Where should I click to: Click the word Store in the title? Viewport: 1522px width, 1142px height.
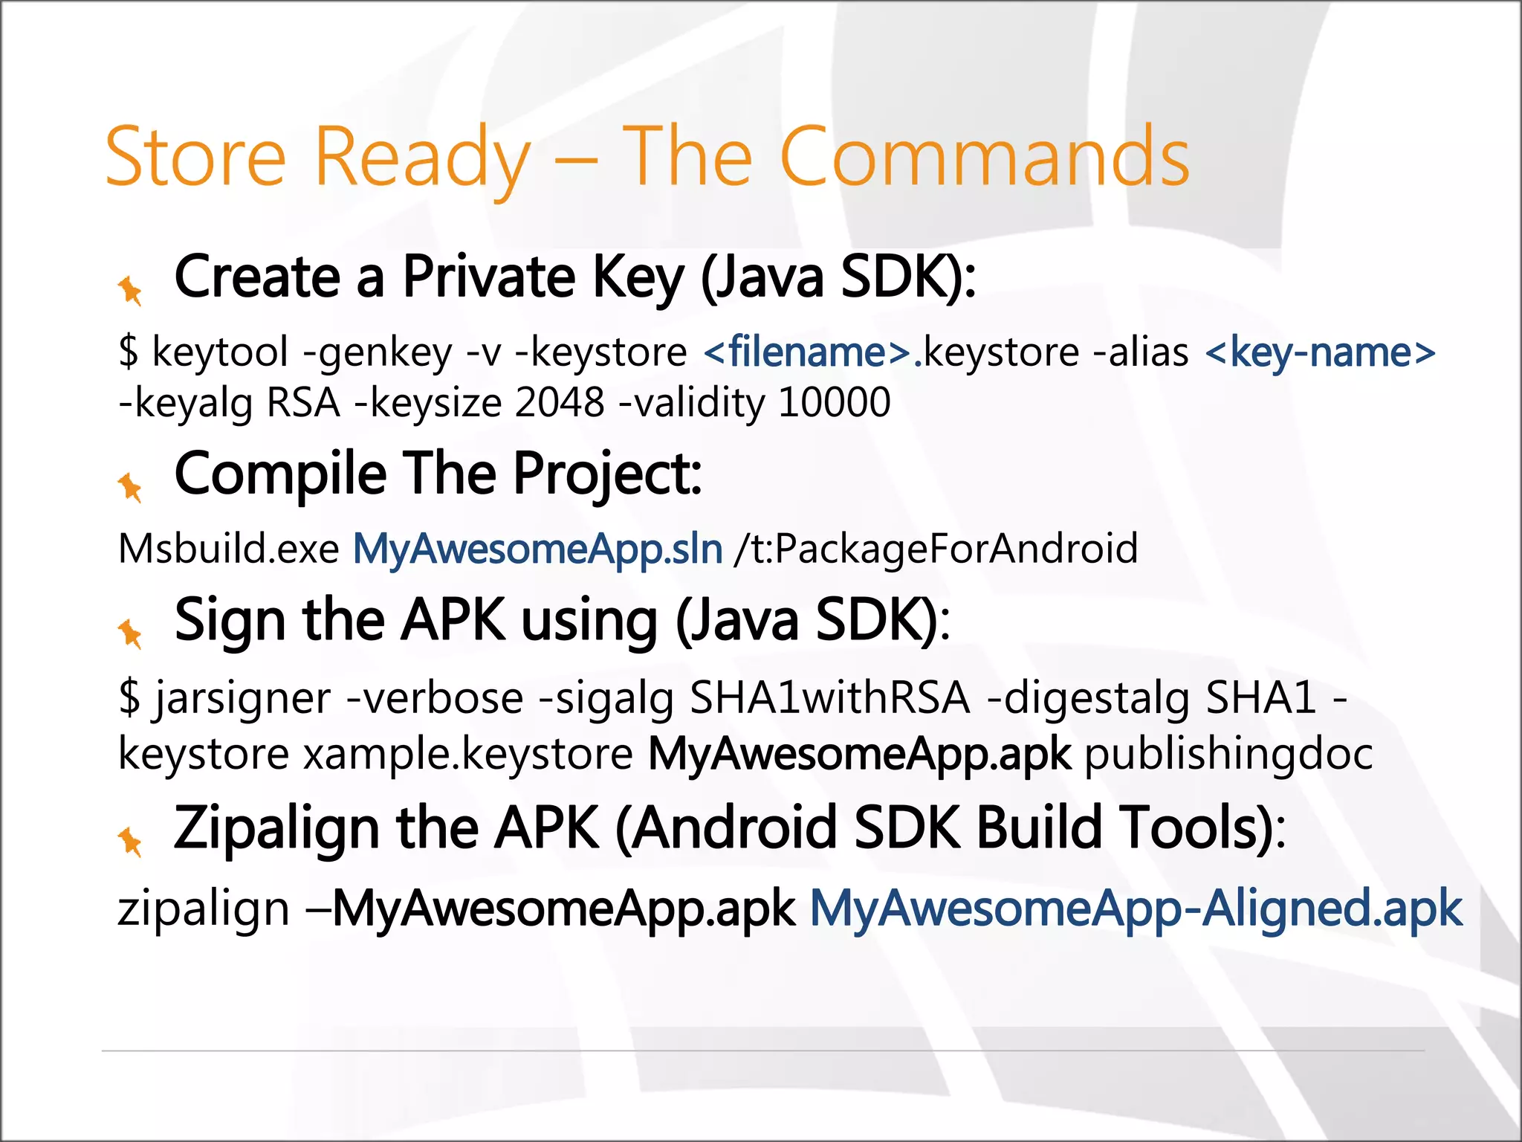pyautogui.click(x=195, y=157)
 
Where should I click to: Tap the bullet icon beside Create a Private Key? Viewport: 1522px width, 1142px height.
pyautogui.click(x=130, y=290)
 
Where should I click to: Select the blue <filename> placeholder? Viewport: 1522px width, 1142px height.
pyautogui.click(x=807, y=352)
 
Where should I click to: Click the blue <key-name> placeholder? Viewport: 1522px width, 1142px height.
pyautogui.click(x=1320, y=352)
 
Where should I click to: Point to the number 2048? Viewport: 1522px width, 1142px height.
pyautogui.click(x=559, y=403)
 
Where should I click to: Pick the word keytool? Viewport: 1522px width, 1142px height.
pyautogui.click(x=219, y=352)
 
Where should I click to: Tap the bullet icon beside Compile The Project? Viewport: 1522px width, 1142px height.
pyautogui.click(x=130, y=487)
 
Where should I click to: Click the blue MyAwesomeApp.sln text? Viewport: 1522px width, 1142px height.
pyautogui.click(x=537, y=549)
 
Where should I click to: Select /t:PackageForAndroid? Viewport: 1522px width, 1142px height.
pyautogui.click(x=936, y=549)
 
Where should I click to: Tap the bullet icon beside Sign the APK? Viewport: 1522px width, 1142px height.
pyautogui.click(x=130, y=633)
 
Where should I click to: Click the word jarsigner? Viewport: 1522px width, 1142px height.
pyautogui.click(x=242, y=700)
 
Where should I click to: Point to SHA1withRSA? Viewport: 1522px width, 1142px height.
pyautogui.click(x=829, y=698)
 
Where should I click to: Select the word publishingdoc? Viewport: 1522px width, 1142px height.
pyautogui.click(x=1228, y=755)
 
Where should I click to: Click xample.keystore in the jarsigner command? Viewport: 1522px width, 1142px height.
pyautogui.click(x=468, y=755)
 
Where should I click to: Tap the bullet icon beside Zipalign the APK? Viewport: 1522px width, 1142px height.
pyautogui.click(x=130, y=842)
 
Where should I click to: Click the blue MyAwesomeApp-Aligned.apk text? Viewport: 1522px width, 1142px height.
pyautogui.click(x=1136, y=909)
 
